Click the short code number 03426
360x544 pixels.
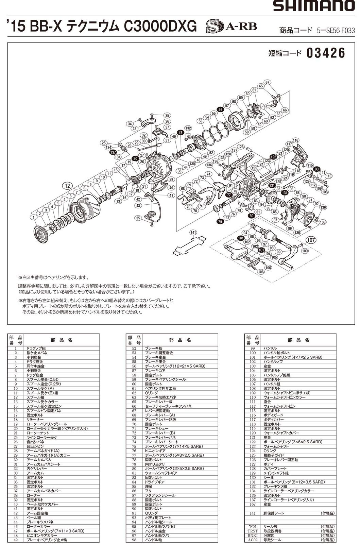(326, 53)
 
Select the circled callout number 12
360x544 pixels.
(68, 185)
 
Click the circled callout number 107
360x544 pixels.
(310, 240)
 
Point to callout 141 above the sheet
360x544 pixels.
(193, 233)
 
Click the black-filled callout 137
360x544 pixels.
(113, 153)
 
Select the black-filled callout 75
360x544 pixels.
(220, 221)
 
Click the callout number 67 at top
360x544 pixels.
(268, 82)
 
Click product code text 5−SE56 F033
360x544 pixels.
(336, 30)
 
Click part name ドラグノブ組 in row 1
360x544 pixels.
(36, 348)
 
